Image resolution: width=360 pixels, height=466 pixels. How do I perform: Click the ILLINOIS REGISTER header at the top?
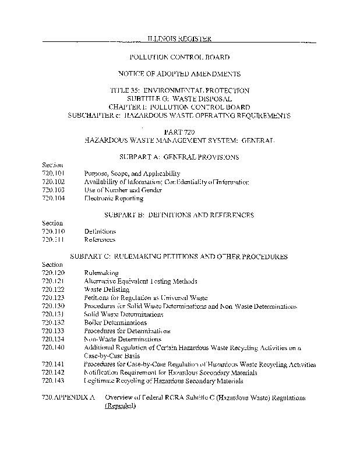(x=179, y=39)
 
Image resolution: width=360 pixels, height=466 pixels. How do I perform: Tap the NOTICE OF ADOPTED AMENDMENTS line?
(x=179, y=74)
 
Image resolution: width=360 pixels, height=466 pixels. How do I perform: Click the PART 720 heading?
(x=179, y=133)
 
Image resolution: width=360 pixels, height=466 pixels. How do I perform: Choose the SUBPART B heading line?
(x=179, y=215)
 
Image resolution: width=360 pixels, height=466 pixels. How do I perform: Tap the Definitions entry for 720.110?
(x=100, y=231)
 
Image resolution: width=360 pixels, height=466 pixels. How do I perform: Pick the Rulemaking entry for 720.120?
(x=101, y=273)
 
